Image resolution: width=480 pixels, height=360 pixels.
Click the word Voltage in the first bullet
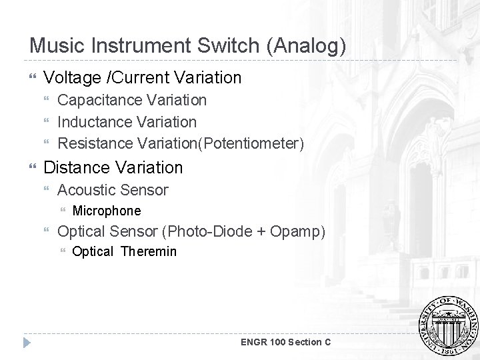click(x=71, y=78)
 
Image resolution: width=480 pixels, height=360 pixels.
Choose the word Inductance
click(x=94, y=122)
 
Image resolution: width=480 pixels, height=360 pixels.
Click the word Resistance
click(x=96, y=143)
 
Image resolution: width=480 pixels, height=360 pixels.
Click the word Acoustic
click(x=85, y=190)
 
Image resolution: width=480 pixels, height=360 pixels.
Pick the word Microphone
click(x=107, y=211)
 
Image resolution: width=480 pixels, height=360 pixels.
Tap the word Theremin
click(x=149, y=251)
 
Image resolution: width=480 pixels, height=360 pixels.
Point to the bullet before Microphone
click(x=63, y=211)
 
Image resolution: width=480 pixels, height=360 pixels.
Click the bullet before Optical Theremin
click(x=63, y=252)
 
